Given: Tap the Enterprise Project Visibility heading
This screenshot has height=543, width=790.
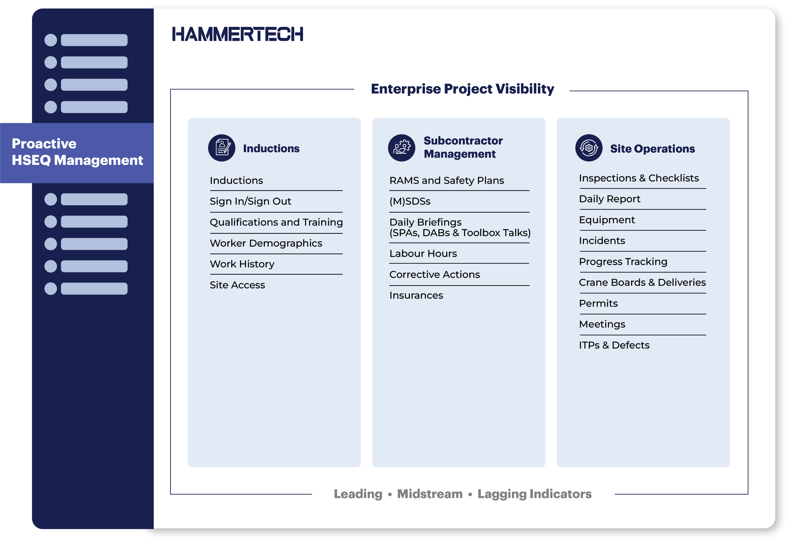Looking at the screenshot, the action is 462,89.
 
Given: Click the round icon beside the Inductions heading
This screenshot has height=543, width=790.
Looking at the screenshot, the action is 222,148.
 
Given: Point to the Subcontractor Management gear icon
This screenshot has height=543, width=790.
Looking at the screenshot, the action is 402,148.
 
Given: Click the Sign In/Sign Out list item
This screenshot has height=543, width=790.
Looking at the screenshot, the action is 250,201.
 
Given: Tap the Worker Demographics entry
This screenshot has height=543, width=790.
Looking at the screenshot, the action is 266,243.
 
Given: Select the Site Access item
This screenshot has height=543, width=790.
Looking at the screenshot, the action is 237,285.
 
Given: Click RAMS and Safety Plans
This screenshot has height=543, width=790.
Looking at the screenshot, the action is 447,181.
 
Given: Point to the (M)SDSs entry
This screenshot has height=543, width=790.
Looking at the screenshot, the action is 410,201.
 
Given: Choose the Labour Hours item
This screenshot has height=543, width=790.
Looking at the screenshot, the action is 423,254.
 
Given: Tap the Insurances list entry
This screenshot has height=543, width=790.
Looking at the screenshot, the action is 416,295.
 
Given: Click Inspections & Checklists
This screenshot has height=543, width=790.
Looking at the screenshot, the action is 639,178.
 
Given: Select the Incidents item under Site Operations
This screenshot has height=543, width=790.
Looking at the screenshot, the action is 602,241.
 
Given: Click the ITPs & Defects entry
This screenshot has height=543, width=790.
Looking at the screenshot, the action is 614,345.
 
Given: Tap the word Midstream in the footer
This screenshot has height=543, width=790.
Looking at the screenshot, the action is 430,494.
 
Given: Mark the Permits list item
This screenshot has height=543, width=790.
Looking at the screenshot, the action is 598,303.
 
